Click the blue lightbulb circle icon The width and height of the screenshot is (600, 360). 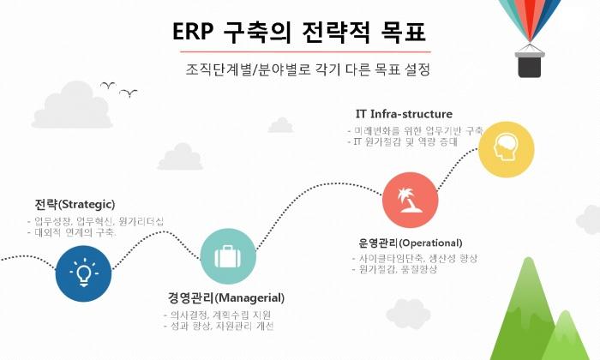pos(83,273)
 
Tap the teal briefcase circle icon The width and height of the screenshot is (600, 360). pos(228,256)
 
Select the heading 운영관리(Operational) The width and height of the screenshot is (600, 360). pos(411,243)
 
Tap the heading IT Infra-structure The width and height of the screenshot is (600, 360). pos(404,114)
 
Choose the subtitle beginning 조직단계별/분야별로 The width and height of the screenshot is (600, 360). pos(301,69)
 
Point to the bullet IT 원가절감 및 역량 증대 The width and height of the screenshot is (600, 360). pos(408,141)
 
